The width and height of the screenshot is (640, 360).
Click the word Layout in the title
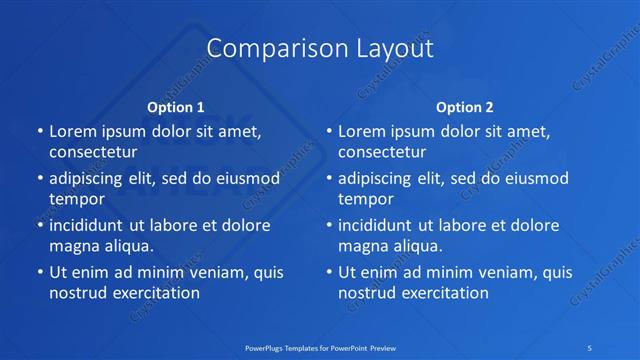point(385,48)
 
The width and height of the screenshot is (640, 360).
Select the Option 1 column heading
point(176,106)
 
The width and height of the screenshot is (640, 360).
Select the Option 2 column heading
point(464,106)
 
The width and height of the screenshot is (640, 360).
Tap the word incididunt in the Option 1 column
point(93,225)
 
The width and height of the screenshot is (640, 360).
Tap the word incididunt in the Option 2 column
point(382,225)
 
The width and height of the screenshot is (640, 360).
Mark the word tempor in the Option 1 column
point(77,199)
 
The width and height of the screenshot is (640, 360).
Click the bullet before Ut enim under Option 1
point(38,272)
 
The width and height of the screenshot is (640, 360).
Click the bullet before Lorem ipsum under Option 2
point(327,131)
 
